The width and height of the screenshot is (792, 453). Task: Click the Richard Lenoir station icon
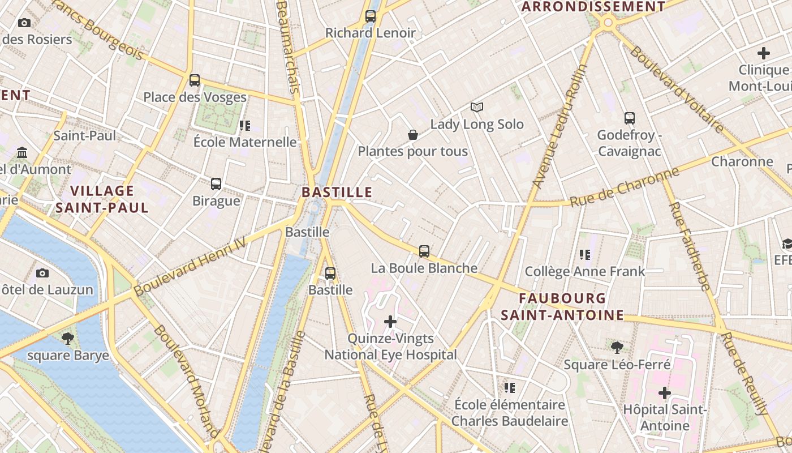[x=371, y=16]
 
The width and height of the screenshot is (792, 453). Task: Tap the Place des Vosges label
[x=195, y=97]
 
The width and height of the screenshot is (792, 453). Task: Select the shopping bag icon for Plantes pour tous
[x=413, y=135]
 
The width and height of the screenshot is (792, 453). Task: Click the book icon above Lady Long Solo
[x=477, y=107]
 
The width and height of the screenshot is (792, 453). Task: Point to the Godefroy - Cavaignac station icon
[x=630, y=118]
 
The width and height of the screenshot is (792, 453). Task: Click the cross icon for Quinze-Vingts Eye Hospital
[x=390, y=322]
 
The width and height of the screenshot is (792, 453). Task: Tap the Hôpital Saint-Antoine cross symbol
[x=665, y=392]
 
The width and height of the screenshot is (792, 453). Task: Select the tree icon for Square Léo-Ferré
[x=617, y=347]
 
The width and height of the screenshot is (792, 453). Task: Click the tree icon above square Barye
[x=68, y=339]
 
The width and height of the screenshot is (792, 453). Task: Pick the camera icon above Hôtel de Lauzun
[x=42, y=273]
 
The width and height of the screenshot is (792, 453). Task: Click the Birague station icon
[x=216, y=184]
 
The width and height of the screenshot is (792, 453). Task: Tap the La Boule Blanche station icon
[x=424, y=251]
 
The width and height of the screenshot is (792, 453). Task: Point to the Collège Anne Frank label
[x=585, y=271]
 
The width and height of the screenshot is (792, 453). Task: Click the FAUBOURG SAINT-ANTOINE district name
[x=562, y=306]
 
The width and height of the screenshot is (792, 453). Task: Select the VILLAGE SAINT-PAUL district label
[x=102, y=199]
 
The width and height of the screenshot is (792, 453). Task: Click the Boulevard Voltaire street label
[x=677, y=89]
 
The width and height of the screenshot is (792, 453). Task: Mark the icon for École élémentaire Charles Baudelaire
[x=510, y=388]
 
